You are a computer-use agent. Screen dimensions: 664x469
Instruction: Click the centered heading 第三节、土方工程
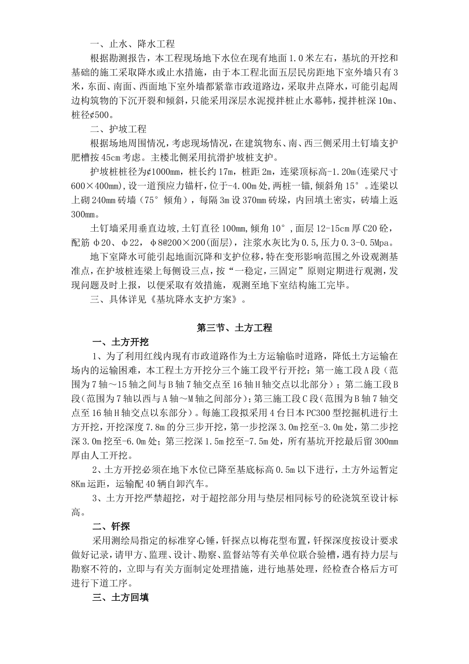234,328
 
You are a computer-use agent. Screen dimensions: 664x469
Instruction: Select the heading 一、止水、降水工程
132,44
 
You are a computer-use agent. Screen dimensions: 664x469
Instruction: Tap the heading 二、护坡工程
118,129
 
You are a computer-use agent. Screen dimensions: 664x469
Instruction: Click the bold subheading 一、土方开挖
121,342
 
